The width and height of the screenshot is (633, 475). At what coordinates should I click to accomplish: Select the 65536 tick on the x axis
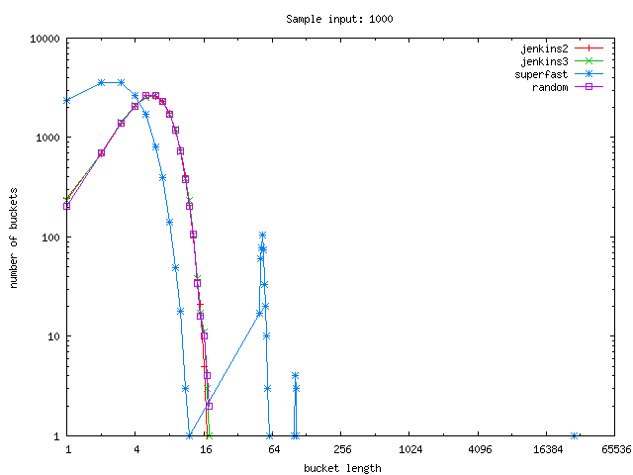tap(614, 449)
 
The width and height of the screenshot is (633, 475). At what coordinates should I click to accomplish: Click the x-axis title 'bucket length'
tap(341, 468)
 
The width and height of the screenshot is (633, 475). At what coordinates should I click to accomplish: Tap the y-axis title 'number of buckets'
tap(15, 237)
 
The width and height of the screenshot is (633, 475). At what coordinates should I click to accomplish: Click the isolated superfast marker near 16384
tap(575, 435)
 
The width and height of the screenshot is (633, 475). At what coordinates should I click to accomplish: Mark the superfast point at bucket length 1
tap(67, 101)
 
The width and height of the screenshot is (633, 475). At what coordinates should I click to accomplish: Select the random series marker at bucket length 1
tap(67, 206)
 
